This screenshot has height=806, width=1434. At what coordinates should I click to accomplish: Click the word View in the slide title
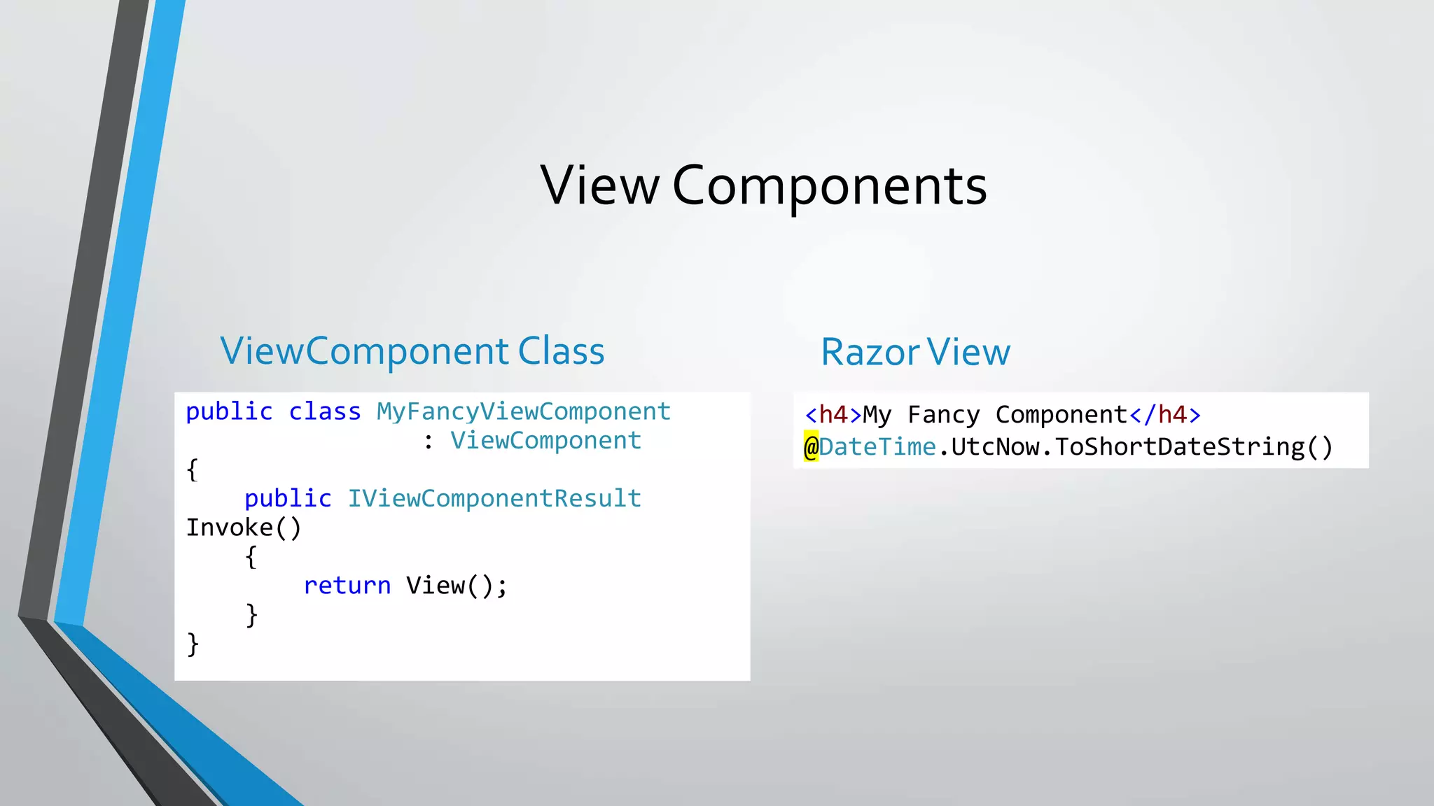coord(600,186)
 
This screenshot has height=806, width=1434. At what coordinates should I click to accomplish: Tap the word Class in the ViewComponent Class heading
coord(561,351)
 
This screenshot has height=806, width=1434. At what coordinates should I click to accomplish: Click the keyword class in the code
coord(325,411)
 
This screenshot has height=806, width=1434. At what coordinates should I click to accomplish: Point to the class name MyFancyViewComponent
coord(524,411)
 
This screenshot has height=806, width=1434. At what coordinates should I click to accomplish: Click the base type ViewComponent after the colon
coord(545,440)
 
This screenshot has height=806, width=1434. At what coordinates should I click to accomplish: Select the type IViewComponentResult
coord(494,498)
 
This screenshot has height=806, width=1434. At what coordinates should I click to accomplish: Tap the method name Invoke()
coord(244,528)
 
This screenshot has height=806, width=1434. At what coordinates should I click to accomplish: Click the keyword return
coord(347,585)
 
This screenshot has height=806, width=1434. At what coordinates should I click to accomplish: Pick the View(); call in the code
coord(457,585)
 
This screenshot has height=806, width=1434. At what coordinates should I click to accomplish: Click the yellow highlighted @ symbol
coord(811,446)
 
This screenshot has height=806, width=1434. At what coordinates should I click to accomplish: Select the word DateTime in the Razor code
coord(877,446)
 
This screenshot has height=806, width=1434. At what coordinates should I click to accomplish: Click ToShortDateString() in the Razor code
coord(1194,446)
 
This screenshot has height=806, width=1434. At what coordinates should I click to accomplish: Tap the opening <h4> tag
coord(833,415)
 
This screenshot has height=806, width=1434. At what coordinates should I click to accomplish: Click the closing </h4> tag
coord(1165,415)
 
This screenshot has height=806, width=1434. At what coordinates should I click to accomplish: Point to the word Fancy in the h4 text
coord(944,415)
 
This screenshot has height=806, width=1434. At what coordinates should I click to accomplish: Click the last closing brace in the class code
coord(193,644)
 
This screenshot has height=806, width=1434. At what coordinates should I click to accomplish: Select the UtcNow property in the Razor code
coord(995,446)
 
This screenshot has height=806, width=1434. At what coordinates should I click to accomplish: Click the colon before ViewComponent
coord(429,441)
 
